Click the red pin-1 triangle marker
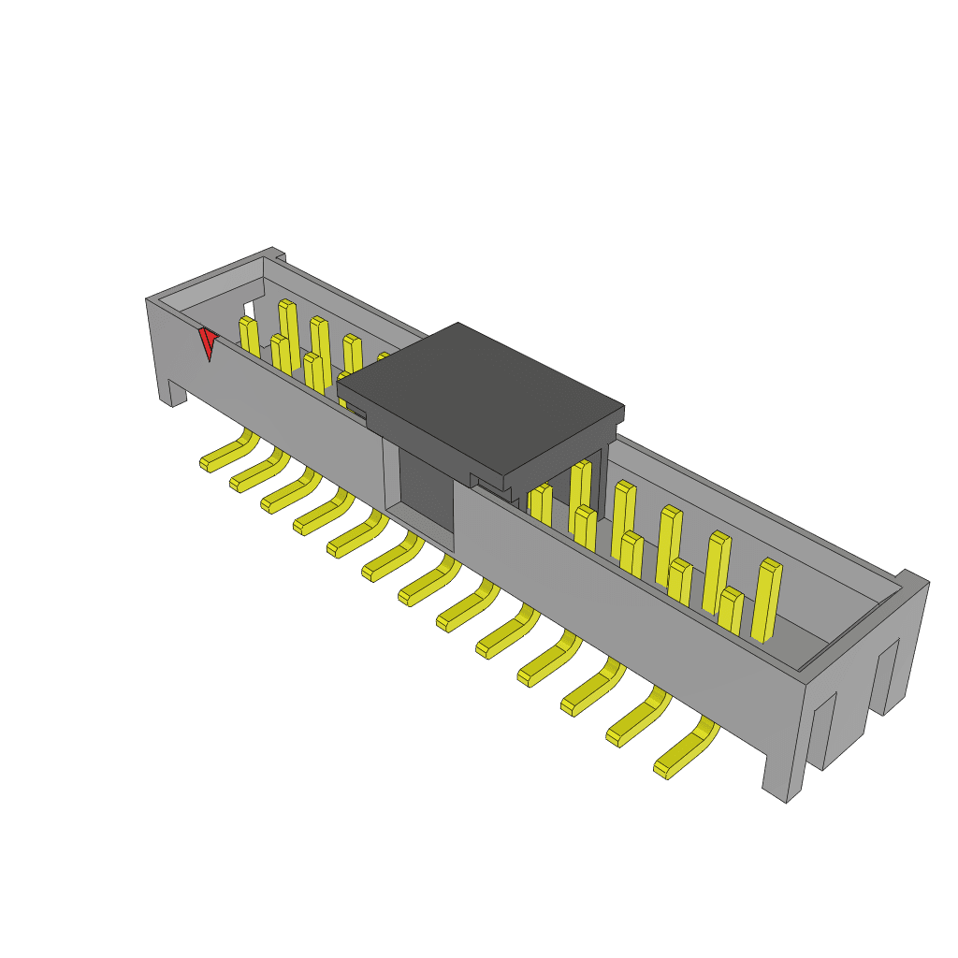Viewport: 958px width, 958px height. pyautogui.click(x=208, y=342)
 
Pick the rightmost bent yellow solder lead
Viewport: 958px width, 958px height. pyautogui.click(x=686, y=750)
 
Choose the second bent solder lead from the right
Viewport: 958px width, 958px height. pyautogui.click(x=639, y=719)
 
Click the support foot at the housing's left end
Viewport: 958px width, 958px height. pyautogui.click(x=172, y=393)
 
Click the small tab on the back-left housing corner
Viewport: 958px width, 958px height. pyautogui.click(x=276, y=252)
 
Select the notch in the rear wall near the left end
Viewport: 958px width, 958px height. pyautogui.click(x=248, y=310)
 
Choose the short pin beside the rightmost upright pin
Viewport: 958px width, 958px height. pyautogui.click(x=731, y=613)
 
